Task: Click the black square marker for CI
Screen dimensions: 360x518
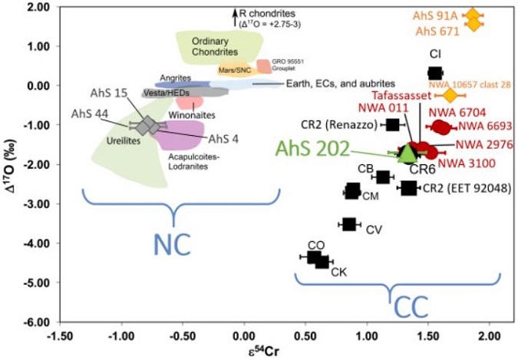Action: (434, 73)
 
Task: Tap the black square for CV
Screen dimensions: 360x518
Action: (349, 223)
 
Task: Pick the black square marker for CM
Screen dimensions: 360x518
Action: (352, 190)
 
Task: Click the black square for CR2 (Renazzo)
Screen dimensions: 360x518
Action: (393, 124)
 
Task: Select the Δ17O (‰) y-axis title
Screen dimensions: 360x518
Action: (13, 164)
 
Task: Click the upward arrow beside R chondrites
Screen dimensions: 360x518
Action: (234, 12)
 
